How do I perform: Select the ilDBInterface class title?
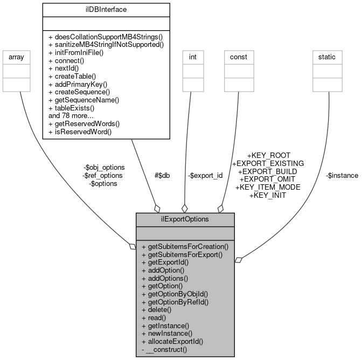(x=106, y=9)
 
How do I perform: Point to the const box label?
(x=238, y=57)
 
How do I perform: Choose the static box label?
(x=327, y=57)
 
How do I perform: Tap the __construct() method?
(x=164, y=350)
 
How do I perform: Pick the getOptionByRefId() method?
(x=175, y=302)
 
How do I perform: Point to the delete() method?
(x=156, y=310)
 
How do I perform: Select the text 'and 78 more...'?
(x=72, y=115)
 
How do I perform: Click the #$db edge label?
(x=162, y=175)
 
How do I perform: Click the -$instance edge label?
(x=342, y=175)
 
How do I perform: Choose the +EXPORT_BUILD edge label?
(x=267, y=171)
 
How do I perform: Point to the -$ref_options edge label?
(x=102, y=175)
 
